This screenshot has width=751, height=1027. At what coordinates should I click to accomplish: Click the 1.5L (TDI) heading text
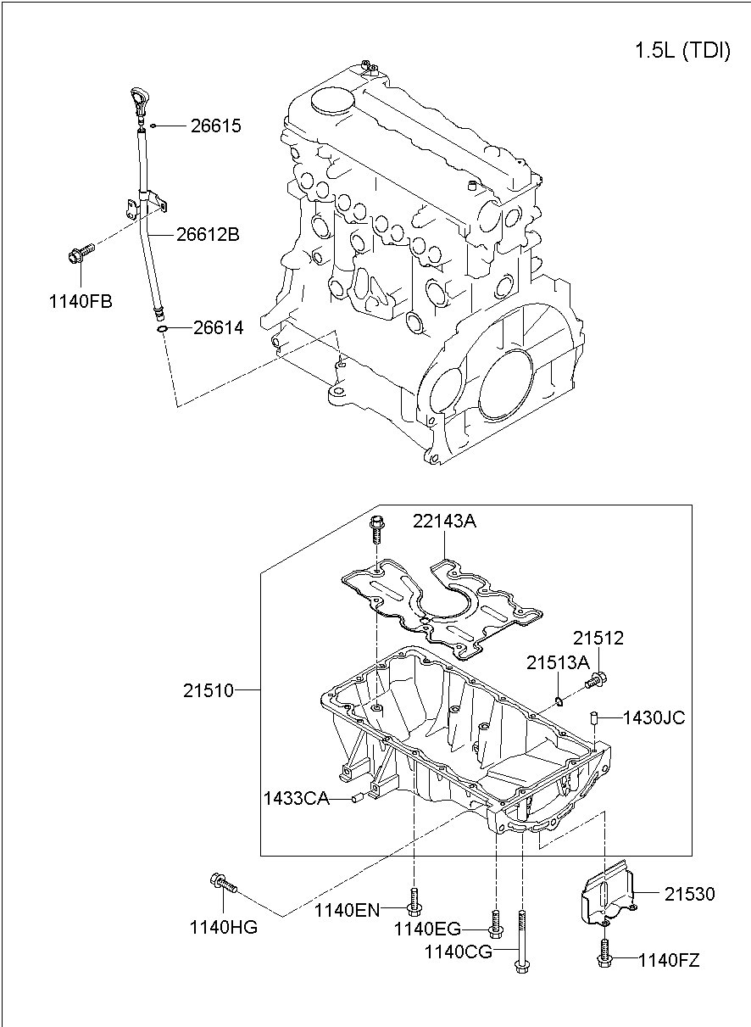click(682, 51)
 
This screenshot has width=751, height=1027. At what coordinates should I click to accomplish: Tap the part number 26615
click(215, 126)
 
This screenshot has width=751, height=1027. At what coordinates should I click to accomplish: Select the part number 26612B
click(208, 234)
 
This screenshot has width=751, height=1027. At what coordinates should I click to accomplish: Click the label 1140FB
click(81, 301)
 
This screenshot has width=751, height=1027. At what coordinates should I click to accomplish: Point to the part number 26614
click(218, 327)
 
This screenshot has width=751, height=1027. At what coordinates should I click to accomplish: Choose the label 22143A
click(444, 522)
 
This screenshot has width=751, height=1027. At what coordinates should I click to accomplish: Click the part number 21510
click(208, 690)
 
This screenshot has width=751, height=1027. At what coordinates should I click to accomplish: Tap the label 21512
click(598, 639)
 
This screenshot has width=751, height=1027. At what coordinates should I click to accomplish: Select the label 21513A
click(557, 662)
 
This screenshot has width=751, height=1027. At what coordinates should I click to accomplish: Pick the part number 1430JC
click(654, 717)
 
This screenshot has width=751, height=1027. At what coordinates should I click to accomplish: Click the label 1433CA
click(296, 798)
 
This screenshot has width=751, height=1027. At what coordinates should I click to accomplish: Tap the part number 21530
click(689, 894)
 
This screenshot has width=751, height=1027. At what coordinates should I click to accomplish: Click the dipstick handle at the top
click(139, 101)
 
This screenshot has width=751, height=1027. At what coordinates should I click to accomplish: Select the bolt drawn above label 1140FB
click(78, 253)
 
